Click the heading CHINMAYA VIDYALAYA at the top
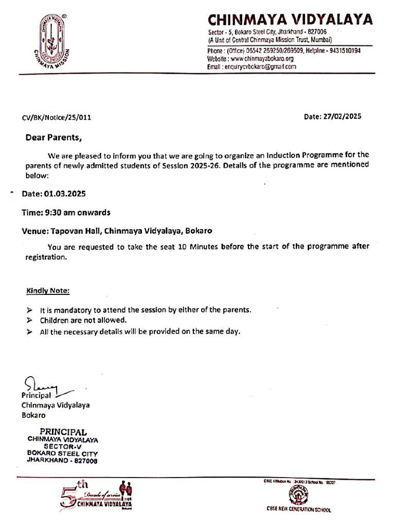coord(290,20)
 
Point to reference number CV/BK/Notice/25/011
coord(57,117)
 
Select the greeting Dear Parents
coord(53,137)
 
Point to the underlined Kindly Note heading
coord(48,291)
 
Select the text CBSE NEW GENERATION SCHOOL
coord(298,510)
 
